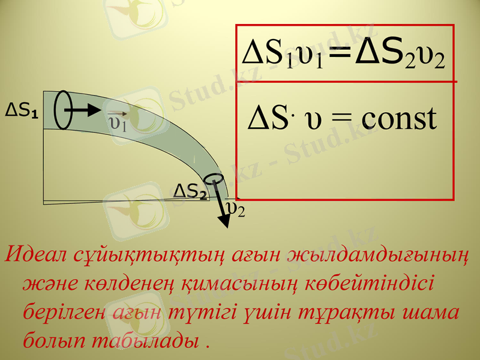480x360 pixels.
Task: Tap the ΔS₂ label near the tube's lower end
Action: point(190,191)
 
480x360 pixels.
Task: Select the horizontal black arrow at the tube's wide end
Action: point(84,110)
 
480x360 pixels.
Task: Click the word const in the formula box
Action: point(398,118)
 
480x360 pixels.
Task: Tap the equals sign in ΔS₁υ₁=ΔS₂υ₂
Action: point(340,59)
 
